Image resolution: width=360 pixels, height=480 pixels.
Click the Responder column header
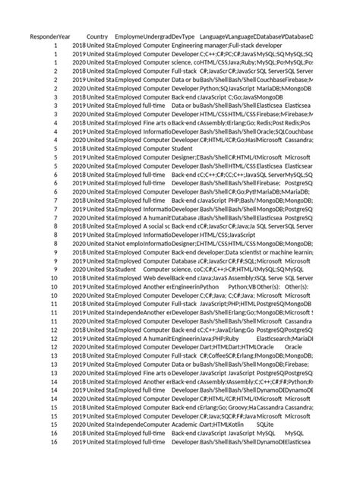[x=43, y=36]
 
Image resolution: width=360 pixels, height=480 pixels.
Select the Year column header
[x=65, y=36]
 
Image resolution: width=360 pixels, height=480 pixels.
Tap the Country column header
[x=97, y=36]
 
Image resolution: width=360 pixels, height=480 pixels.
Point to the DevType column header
[x=183, y=36]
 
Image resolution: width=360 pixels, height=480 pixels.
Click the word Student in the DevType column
[x=182, y=149]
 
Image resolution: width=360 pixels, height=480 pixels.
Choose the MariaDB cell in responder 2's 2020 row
[x=276, y=89]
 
